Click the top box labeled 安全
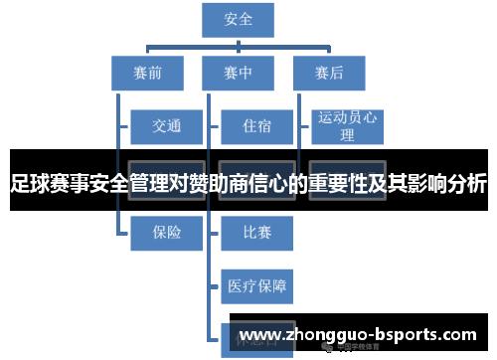[x=239, y=20]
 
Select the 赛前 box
[x=148, y=72]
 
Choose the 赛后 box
[x=328, y=72]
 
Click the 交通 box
[x=166, y=125]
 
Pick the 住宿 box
[x=256, y=125]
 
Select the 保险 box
[x=166, y=232]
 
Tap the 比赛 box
[x=256, y=232]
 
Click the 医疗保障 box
[x=256, y=286]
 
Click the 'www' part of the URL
[x=260, y=335]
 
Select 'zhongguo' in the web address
[x=329, y=335]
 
